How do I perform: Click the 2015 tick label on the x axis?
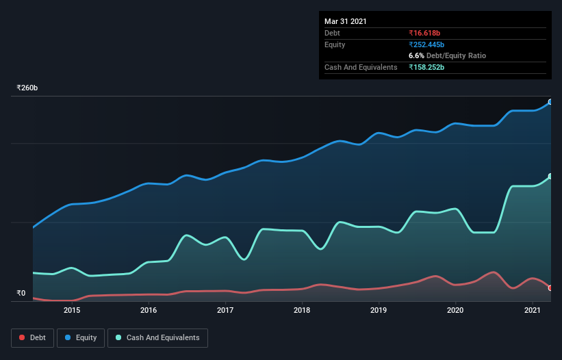[72, 310]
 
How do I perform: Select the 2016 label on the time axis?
[149, 310]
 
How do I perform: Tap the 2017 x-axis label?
[225, 310]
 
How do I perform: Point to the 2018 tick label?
[302, 310]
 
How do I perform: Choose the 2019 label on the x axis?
[379, 310]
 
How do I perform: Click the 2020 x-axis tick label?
[455, 310]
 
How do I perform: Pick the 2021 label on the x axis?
[533, 310]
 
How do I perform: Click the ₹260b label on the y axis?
[27, 88]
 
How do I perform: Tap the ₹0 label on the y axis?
[21, 294]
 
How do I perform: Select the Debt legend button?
[33, 338]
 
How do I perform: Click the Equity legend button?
[81, 338]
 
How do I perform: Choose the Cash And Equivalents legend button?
[157, 338]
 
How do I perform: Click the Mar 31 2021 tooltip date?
[346, 21]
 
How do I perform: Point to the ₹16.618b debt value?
[424, 34]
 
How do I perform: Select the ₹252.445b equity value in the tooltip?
[426, 44]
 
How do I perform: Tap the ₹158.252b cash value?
[426, 67]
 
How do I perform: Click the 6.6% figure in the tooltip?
[416, 56]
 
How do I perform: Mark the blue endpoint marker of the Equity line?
[550, 102]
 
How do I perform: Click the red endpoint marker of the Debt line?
[550, 288]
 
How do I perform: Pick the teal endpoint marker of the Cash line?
[550, 177]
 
